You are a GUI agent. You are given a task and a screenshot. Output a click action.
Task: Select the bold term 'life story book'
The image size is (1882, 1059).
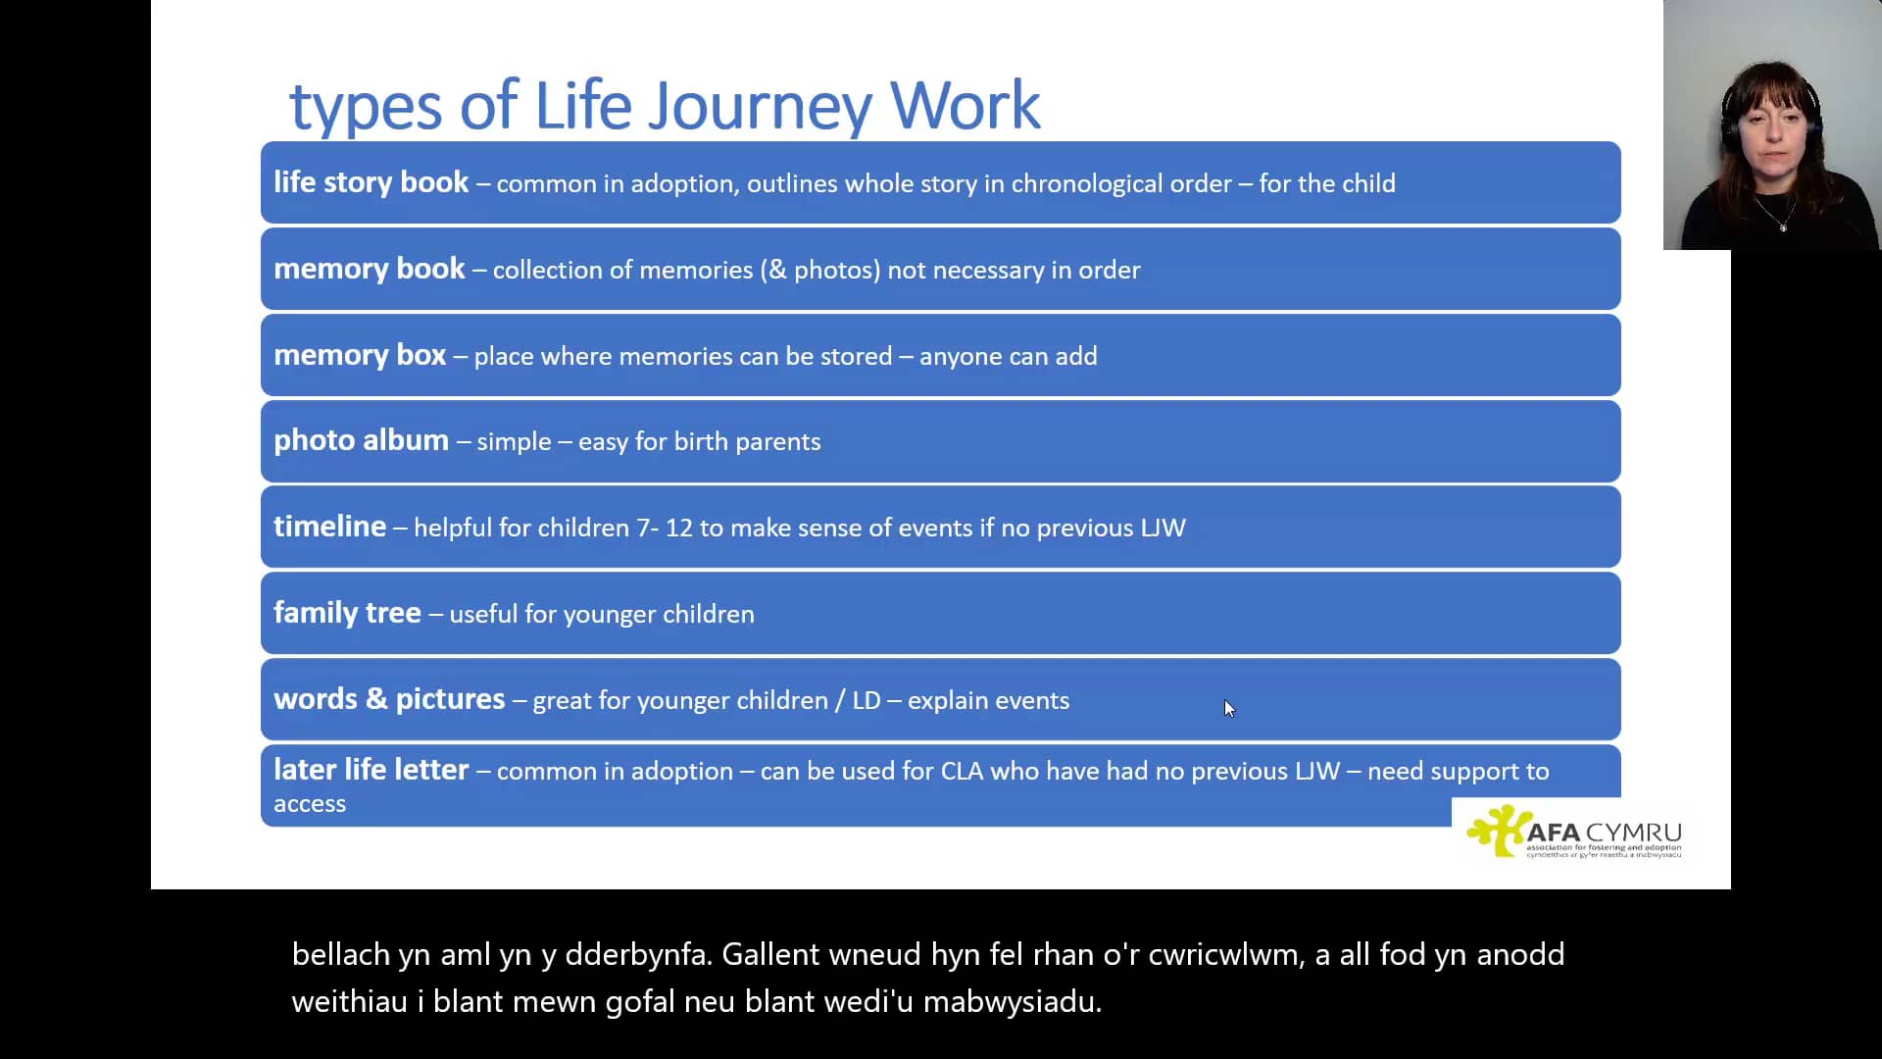pos(371,182)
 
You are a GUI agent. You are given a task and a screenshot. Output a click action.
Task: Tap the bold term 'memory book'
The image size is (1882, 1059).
pos(369,269)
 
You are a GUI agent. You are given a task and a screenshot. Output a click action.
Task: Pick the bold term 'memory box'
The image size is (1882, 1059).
pos(360,355)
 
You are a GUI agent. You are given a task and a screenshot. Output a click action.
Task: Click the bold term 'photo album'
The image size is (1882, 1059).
pos(361,440)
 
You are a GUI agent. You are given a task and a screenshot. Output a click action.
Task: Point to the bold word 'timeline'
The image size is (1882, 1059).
pos(329,527)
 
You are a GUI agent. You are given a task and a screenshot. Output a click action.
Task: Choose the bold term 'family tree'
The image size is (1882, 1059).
pos(347,613)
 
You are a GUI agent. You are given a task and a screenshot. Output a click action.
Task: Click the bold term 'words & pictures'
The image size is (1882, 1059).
pos(389,699)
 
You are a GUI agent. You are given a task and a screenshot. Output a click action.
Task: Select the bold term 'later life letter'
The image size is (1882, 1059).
pos(371,770)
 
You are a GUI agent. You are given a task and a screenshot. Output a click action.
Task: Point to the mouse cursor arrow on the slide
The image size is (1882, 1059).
pos(1228,708)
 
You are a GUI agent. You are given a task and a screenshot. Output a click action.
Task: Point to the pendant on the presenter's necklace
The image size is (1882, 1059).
pos(1783,227)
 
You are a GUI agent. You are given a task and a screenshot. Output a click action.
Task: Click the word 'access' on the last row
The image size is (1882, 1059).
pos(310,804)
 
